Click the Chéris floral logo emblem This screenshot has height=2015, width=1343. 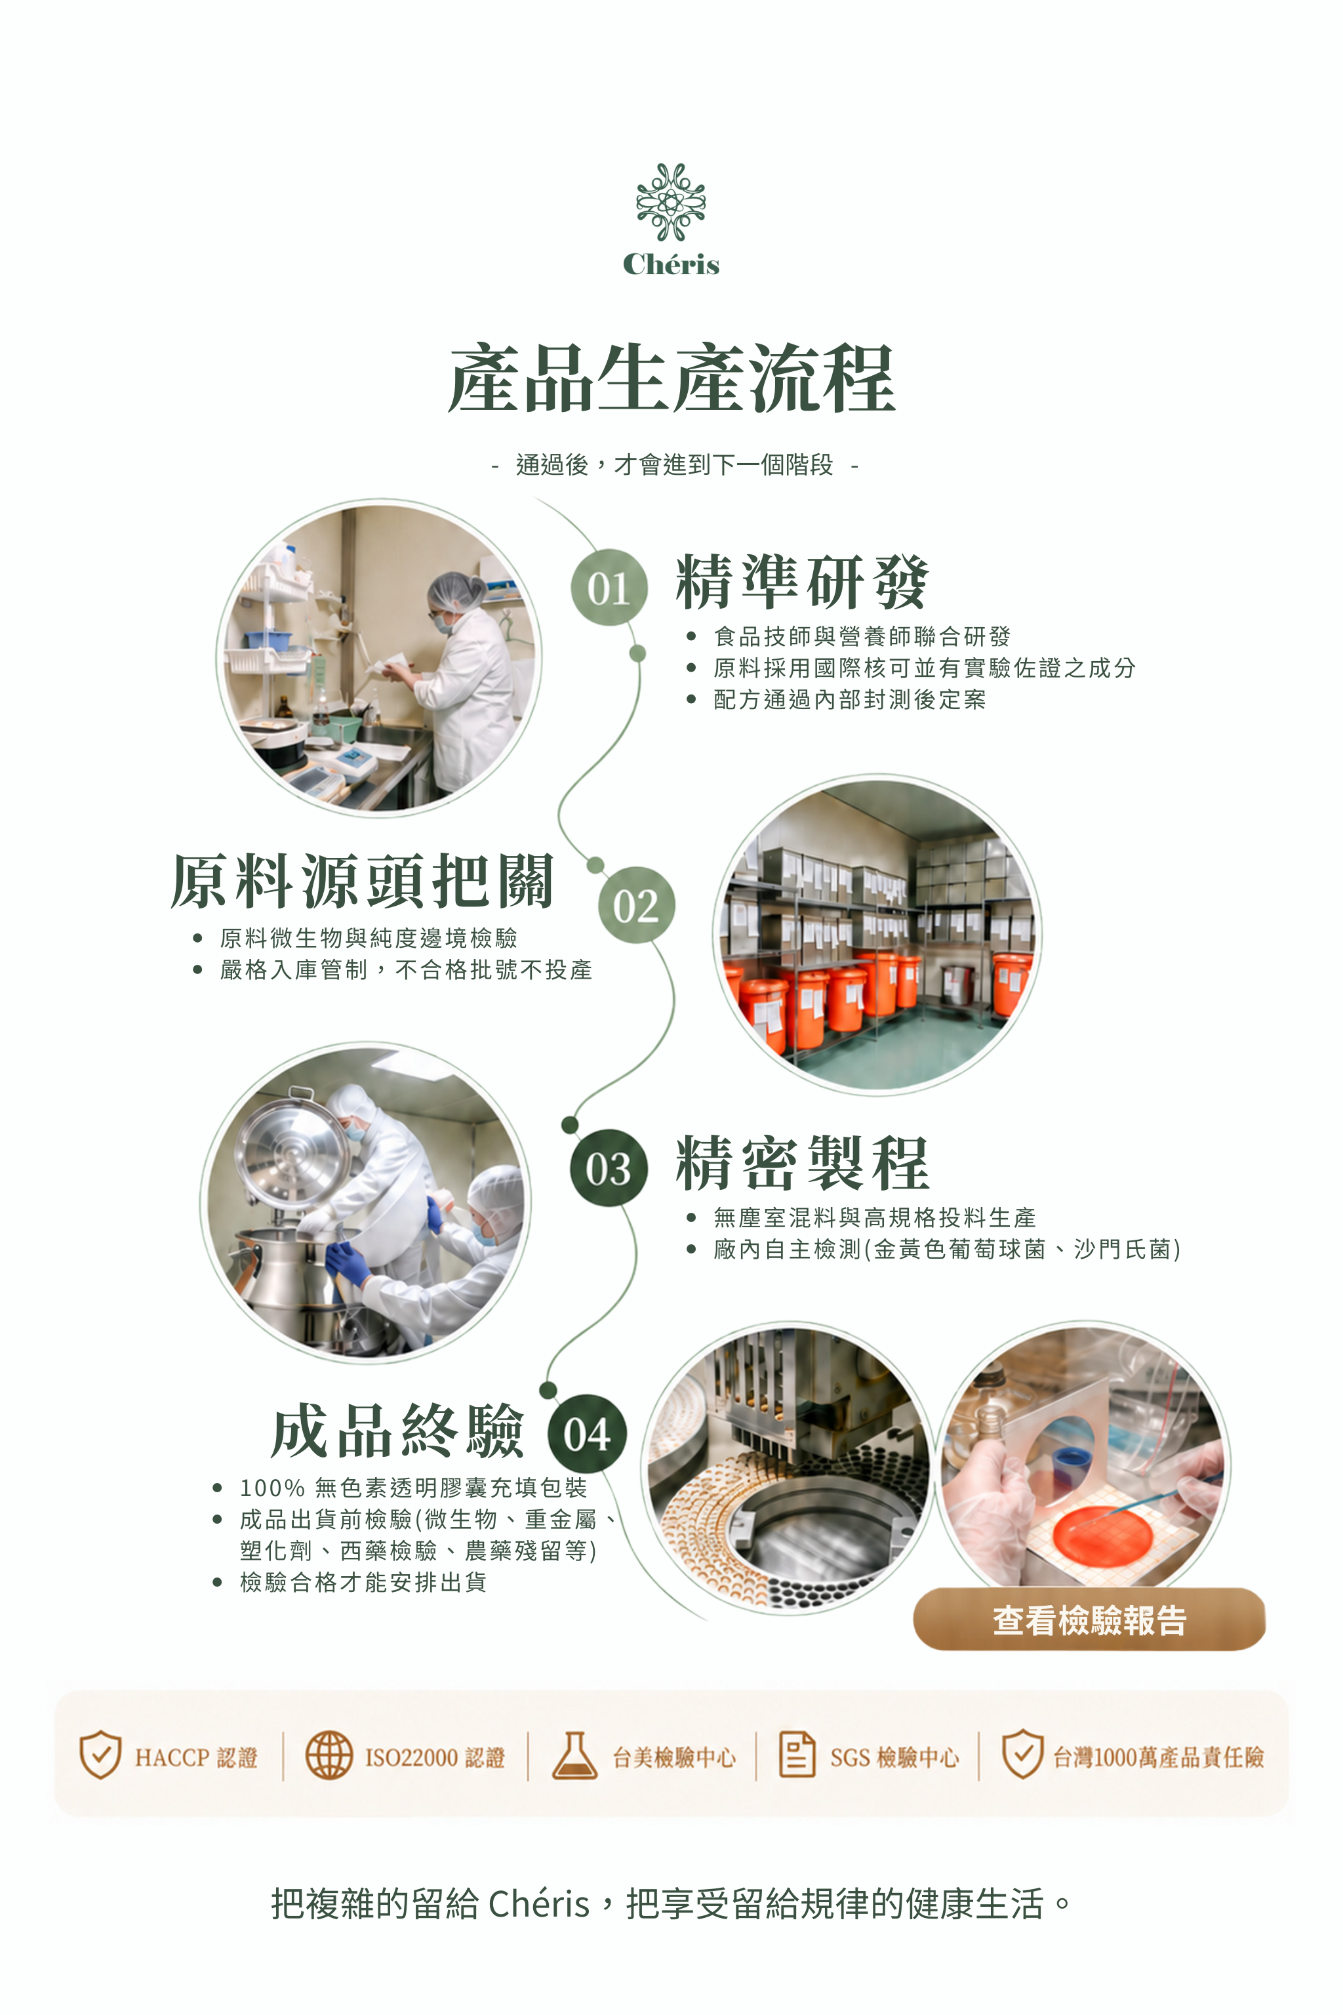click(x=671, y=202)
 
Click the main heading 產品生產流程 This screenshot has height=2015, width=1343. click(x=671, y=378)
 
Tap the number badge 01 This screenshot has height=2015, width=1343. click(x=609, y=588)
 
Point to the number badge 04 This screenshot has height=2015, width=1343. click(x=588, y=1434)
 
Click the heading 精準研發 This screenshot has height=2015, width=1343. click(x=802, y=582)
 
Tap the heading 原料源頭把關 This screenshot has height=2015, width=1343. click(x=362, y=881)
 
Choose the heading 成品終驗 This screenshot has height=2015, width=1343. click(x=397, y=1431)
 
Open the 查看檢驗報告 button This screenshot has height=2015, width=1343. click(x=1089, y=1619)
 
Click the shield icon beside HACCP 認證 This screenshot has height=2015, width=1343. click(x=100, y=1754)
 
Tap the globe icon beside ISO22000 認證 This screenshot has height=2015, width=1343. click(x=329, y=1755)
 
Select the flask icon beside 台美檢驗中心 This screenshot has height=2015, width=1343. click(x=574, y=1755)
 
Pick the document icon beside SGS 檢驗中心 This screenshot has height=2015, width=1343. click(x=797, y=1754)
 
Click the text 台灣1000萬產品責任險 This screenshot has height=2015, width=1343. click(x=1158, y=1757)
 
